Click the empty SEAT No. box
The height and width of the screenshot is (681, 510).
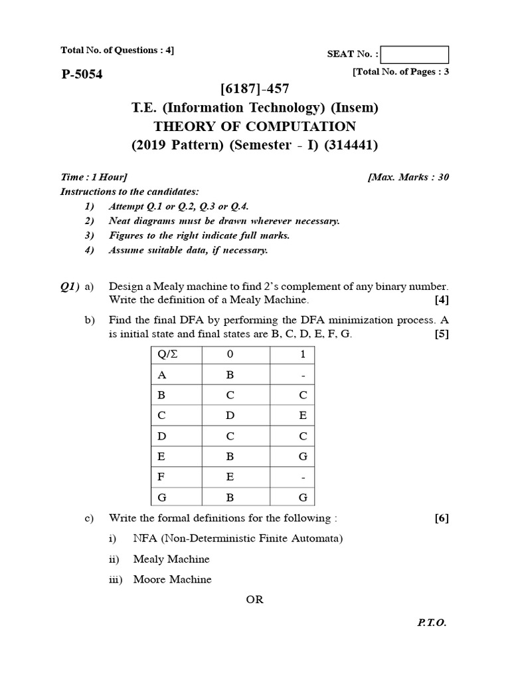415,55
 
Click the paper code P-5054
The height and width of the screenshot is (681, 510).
82,74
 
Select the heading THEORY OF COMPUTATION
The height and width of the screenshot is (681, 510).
254,126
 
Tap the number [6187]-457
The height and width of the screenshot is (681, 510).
254,89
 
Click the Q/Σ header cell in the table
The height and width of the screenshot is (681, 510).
168,354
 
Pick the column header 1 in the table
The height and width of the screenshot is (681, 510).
302,354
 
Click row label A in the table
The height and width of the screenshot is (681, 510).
161,374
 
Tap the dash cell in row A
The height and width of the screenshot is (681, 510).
303,375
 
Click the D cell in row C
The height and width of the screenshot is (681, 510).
230,416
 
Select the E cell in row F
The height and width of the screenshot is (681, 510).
230,477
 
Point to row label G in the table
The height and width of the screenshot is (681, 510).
161,497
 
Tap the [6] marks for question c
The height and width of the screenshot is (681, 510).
442,518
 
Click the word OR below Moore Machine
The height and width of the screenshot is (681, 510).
254,599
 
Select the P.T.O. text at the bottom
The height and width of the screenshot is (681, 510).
432,623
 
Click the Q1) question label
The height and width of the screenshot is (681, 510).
70,286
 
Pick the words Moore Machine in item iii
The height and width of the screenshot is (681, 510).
172,579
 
